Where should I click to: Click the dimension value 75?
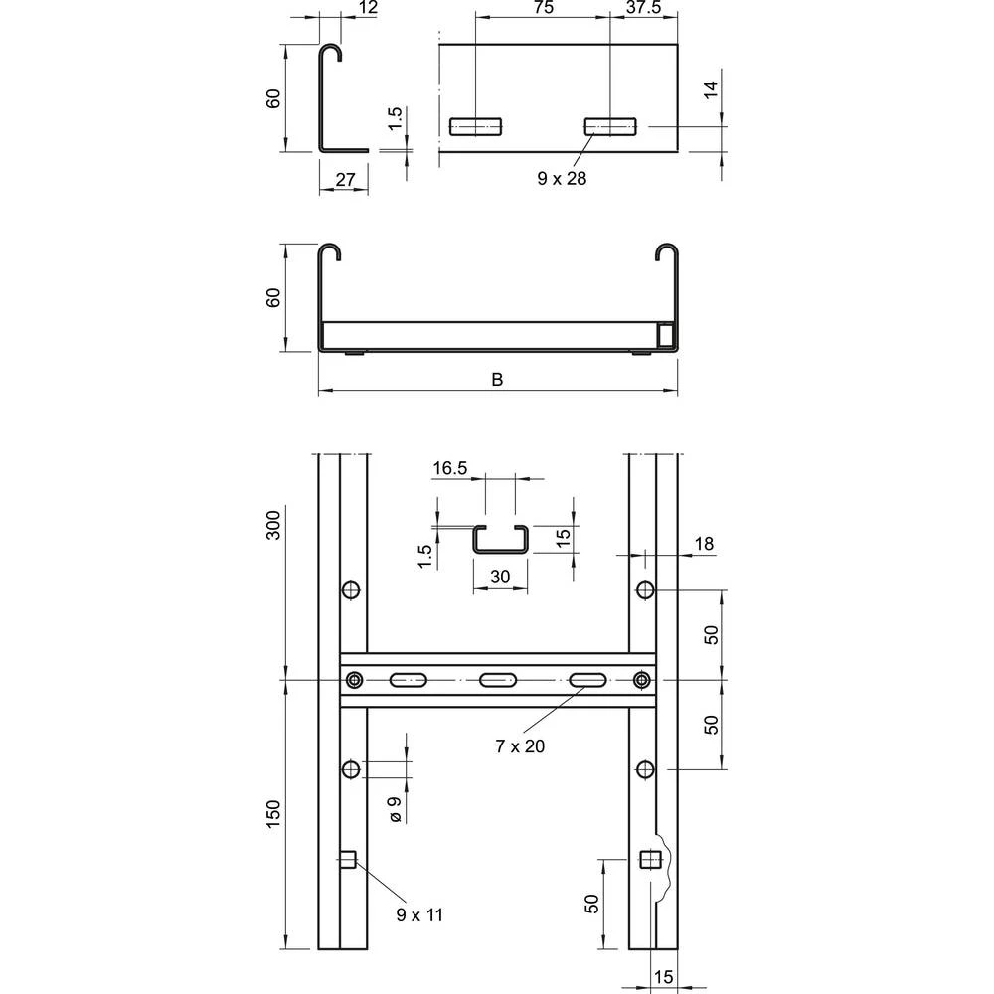point(543,8)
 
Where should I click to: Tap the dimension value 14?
point(710,91)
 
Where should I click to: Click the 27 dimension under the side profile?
point(344,179)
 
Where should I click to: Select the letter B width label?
point(497,379)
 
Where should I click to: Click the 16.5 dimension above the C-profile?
point(449,468)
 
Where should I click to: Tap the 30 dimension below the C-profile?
point(499,577)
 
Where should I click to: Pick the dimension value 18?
point(705,543)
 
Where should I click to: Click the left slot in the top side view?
point(475,126)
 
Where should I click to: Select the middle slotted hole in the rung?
point(497,681)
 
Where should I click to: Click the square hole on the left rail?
point(348,860)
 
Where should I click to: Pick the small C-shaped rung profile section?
point(500,538)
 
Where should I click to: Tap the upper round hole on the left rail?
point(350,591)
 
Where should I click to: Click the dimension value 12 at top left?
point(340,8)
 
